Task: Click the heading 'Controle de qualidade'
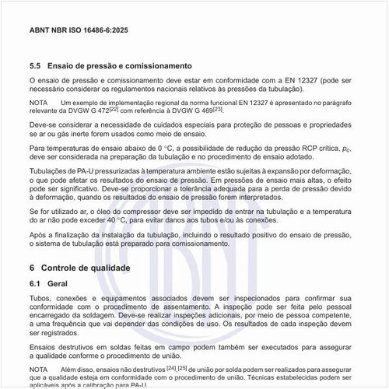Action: coord(89,267)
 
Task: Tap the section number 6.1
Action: coord(35,284)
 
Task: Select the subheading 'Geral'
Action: coord(58,284)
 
